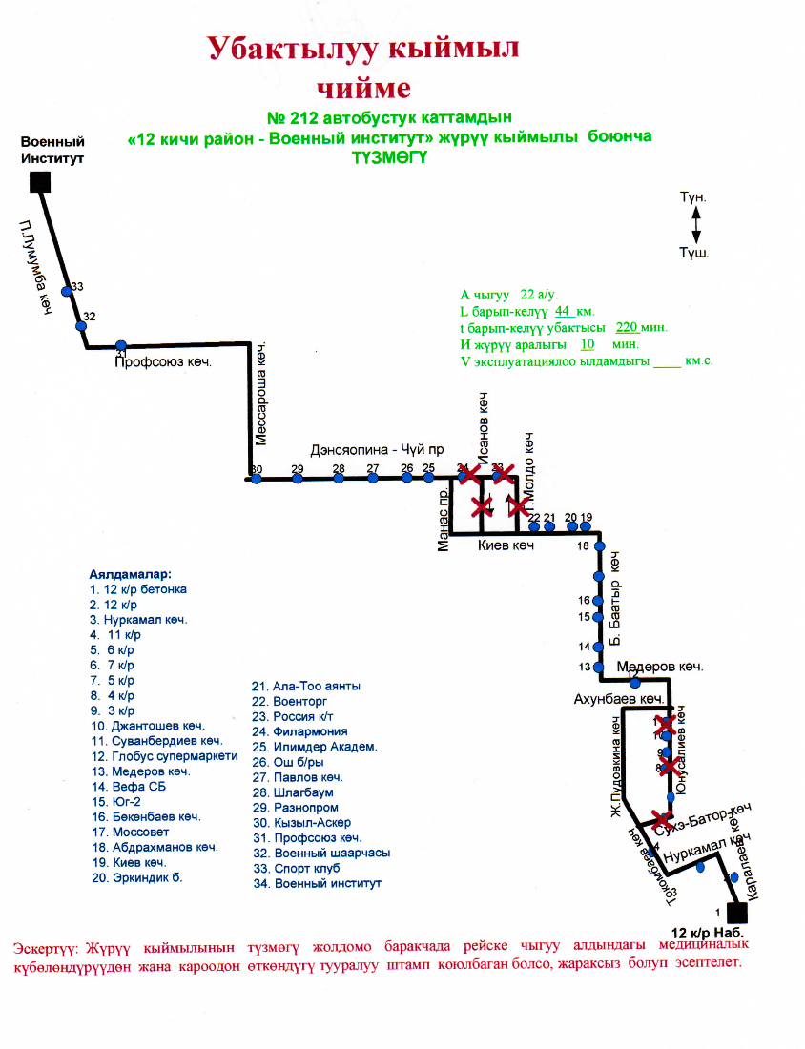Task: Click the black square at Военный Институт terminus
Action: tap(39, 180)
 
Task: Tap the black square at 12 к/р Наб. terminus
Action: tap(735, 912)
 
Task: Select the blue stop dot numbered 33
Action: tap(67, 291)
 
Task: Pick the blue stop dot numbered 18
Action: tap(598, 546)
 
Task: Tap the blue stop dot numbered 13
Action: tap(599, 667)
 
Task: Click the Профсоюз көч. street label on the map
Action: tap(161, 362)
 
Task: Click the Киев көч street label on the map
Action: tap(506, 545)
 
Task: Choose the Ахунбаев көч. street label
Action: tap(618, 700)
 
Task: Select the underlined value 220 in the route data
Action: tap(626, 326)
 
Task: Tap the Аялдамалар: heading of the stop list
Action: tap(131, 575)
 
